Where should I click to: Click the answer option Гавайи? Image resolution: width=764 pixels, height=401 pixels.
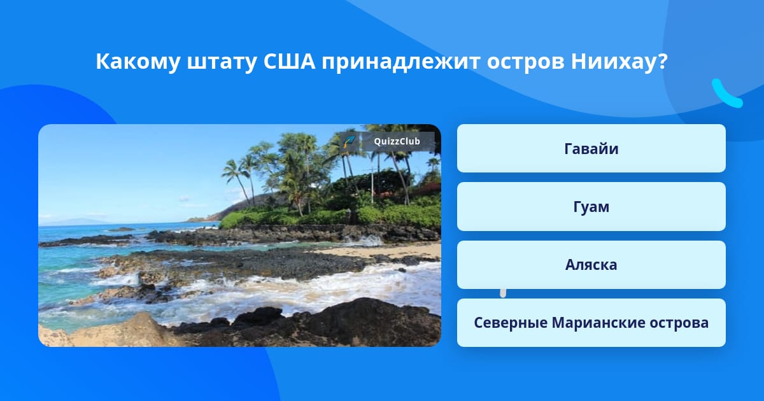tap(591, 148)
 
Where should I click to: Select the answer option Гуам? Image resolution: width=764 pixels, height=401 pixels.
tap(591, 207)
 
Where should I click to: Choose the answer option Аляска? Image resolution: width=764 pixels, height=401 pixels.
tap(591, 265)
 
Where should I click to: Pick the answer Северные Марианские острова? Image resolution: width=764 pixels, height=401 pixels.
tap(591, 323)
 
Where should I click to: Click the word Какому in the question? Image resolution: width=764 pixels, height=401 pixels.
tap(138, 62)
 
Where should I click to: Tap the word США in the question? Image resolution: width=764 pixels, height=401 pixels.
tap(289, 61)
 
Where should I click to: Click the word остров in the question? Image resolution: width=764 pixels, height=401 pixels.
tap(525, 62)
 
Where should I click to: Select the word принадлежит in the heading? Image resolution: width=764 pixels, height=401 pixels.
tap(401, 62)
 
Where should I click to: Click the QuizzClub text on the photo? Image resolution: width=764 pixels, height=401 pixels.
tap(397, 141)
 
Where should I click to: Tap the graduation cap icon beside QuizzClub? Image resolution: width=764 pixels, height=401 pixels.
tap(349, 141)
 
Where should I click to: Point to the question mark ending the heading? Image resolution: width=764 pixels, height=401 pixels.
tap(663, 61)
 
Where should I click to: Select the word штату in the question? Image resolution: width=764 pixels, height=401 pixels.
tap(222, 62)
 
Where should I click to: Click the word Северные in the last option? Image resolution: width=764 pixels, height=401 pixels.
tap(511, 323)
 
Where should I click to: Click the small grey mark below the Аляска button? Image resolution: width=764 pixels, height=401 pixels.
tap(503, 293)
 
